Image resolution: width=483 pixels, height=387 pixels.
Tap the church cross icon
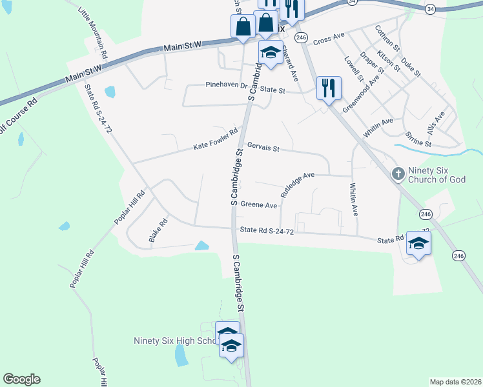click(398, 174)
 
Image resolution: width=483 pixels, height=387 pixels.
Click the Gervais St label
click(263, 148)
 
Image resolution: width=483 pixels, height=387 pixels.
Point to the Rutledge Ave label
click(297, 184)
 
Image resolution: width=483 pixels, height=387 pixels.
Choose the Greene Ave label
click(258, 205)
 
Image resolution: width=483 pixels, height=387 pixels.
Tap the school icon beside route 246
click(418, 243)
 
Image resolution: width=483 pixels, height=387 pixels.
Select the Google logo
click(21, 379)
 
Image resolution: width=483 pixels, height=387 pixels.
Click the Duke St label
click(411, 66)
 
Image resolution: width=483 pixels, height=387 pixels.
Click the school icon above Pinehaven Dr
click(270, 53)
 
